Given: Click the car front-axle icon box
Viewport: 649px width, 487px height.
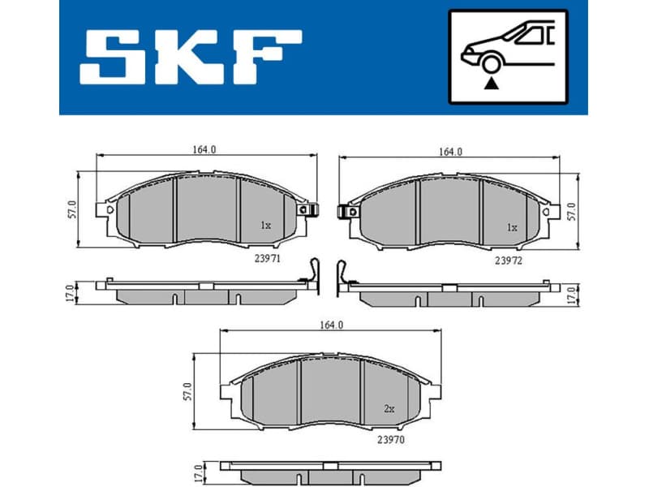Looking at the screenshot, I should [508, 58].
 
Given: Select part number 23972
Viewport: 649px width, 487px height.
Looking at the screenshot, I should [508, 261].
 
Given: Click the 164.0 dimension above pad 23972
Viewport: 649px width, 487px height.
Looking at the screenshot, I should [450, 151].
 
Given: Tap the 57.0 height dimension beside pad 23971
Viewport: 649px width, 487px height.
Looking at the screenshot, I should [71, 209].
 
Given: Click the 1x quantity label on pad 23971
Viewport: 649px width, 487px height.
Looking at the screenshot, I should [264, 226].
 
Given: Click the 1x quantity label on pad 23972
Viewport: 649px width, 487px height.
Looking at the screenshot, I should [511, 228].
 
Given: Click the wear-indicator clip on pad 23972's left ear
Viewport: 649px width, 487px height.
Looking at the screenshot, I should [348, 212].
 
